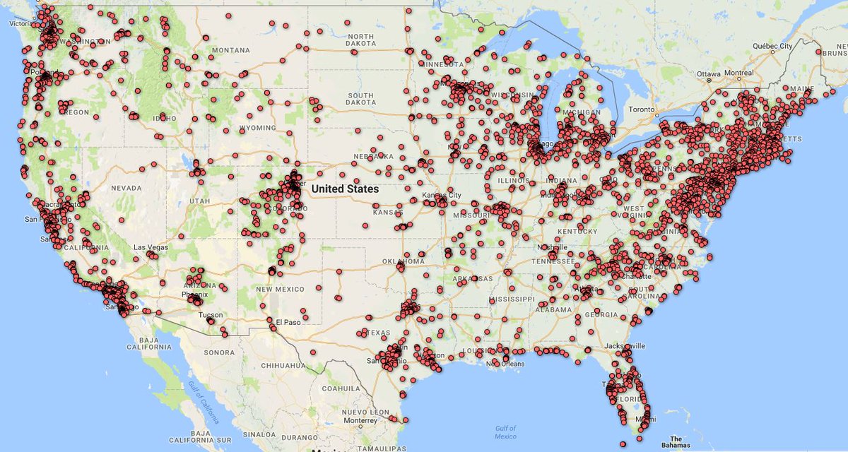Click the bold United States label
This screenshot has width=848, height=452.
(x=345, y=189)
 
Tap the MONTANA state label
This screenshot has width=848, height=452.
(x=231, y=50)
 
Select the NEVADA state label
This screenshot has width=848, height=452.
(x=126, y=189)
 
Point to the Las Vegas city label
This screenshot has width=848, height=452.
(x=151, y=247)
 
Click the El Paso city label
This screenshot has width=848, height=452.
(x=289, y=322)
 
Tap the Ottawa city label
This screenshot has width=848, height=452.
(x=708, y=73)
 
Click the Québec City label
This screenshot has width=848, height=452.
(x=772, y=46)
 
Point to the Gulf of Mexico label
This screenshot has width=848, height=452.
(x=505, y=432)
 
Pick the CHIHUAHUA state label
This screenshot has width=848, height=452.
(x=282, y=365)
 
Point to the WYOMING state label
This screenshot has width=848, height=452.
(x=257, y=128)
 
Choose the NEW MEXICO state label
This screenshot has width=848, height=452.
(x=280, y=289)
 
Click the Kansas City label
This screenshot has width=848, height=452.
(x=441, y=194)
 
